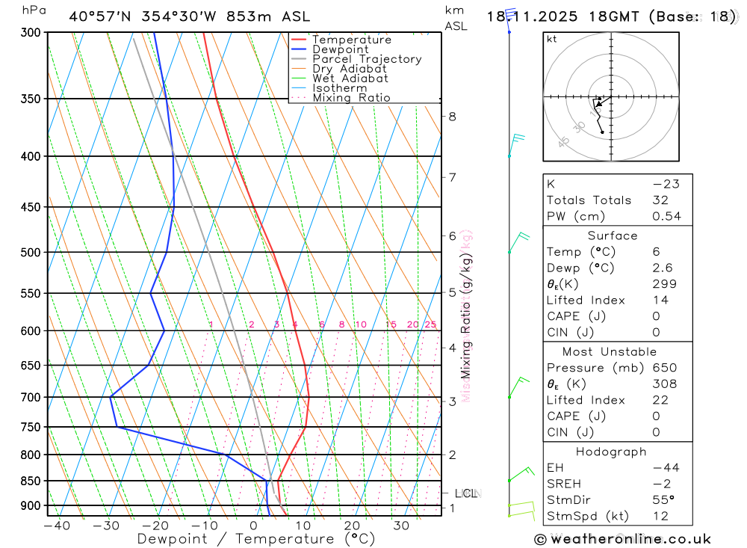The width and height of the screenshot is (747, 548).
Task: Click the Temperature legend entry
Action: tap(351, 40)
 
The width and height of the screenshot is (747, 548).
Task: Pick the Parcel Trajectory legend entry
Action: tap(367, 59)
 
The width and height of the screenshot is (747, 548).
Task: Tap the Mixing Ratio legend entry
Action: tap(351, 97)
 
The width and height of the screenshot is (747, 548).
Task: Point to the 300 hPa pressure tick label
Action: tap(31, 32)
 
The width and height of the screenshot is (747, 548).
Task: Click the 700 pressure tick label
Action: tap(31, 397)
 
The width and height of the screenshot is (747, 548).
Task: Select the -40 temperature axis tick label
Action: tap(57, 526)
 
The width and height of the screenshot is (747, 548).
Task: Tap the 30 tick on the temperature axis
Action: tap(401, 526)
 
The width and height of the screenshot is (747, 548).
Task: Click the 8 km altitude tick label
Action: tap(452, 116)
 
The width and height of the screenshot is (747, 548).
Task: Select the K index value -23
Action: tap(662, 184)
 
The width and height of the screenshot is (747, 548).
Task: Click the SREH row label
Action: tap(565, 484)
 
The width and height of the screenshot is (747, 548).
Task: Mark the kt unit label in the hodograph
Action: tap(552, 39)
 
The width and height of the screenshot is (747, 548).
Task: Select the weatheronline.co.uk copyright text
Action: tap(623, 539)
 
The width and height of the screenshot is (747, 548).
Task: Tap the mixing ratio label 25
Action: tap(430, 324)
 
